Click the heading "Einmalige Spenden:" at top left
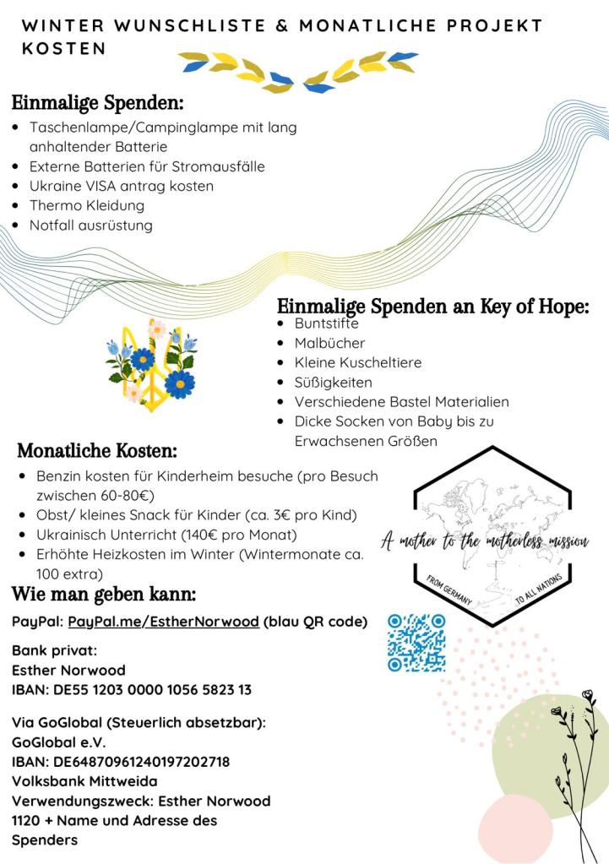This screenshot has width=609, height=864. [97, 104]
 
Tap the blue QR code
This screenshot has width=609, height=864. [416, 643]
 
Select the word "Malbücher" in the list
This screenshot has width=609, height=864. [329, 343]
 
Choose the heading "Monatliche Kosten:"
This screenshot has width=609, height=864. [97, 451]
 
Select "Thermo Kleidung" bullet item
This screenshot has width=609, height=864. [87, 205]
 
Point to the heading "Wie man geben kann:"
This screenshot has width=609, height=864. [104, 595]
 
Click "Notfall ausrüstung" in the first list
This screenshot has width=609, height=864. [91, 226]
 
